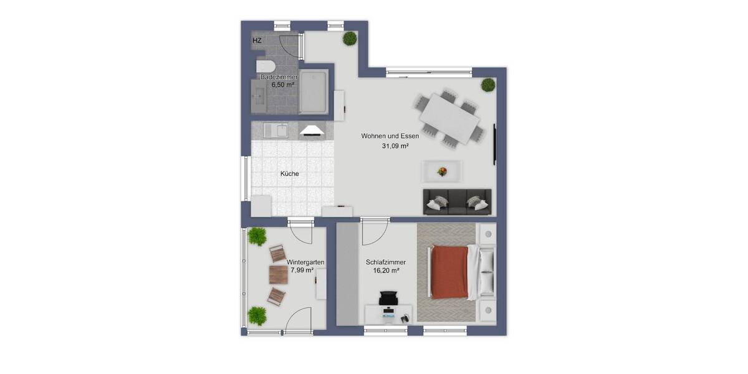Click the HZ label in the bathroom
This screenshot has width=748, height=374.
[257, 41]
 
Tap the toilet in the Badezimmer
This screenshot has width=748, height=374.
[264, 67]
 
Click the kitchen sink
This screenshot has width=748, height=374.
[275, 130]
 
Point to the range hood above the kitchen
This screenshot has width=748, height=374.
[312, 130]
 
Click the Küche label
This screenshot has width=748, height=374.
[289, 174]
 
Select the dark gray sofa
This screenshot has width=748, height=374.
[457, 201]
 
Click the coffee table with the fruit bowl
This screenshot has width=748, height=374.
[442, 170]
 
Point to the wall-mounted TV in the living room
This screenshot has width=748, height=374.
[495, 144]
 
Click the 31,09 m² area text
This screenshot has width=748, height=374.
[395, 146]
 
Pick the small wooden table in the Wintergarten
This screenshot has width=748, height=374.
[278, 274]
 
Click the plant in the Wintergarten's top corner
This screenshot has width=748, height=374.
[257, 236]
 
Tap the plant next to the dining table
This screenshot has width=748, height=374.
[488, 85]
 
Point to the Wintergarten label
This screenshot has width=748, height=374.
[305, 262]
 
